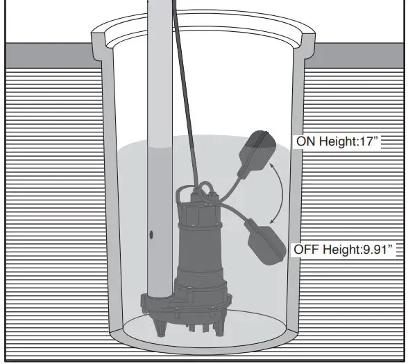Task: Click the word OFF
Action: pyautogui.click(x=307, y=248)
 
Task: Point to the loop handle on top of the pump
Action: pyautogui.click(x=206, y=187)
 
